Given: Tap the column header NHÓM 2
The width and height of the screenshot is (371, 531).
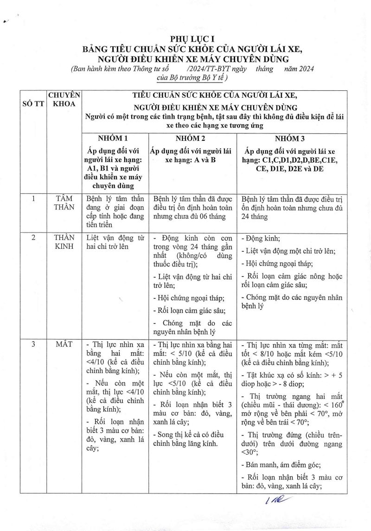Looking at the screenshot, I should (x=193, y=139).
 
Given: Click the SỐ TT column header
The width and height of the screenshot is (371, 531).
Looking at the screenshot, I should (x=33, y=104).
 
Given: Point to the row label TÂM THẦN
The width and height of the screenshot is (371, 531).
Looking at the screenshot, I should (x=64, y=202).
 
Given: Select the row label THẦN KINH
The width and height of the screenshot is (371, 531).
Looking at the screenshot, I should (x=64, y=242).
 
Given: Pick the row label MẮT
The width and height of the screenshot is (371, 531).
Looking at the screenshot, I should (x=64, y=345).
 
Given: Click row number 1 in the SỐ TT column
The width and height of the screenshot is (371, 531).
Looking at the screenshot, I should (x=33, y=198).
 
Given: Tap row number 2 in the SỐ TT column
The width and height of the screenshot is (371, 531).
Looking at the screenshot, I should (x=33, y=238).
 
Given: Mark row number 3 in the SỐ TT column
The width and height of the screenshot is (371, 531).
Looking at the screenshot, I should (x=33, y=345).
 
